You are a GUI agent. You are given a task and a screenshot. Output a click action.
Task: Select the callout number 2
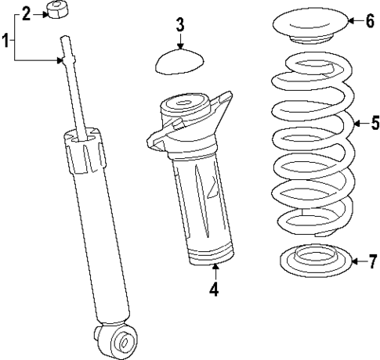(x=26, y=13)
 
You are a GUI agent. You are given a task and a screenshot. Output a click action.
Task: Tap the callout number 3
(x=179, y=24)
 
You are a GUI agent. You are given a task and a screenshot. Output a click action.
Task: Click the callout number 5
(x=375, y=123)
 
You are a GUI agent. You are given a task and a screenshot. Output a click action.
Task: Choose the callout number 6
(x=369, y=21)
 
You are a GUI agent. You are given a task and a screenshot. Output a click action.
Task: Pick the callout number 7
(x=372, y=261)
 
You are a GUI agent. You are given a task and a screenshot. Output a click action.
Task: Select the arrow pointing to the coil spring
(x=360, y=123)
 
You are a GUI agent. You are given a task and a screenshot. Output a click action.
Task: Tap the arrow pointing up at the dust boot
(x=213, y=274)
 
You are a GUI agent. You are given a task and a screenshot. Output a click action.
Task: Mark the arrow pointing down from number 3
(x=179, y=41)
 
